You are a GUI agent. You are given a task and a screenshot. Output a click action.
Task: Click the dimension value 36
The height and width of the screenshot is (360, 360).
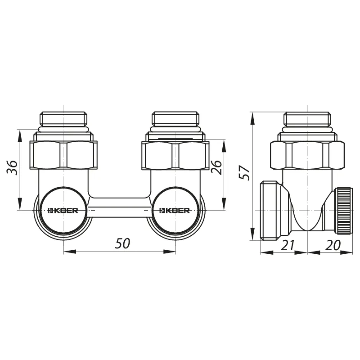12,167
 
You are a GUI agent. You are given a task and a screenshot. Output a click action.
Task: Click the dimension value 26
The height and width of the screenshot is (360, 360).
217,167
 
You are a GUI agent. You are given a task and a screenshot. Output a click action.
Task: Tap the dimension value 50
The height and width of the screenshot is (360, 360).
122,243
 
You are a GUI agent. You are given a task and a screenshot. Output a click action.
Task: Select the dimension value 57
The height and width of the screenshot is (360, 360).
244,173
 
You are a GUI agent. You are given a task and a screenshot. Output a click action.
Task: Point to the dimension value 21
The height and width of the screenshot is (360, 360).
288,245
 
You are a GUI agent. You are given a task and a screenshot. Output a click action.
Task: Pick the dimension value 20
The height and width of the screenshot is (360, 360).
333,245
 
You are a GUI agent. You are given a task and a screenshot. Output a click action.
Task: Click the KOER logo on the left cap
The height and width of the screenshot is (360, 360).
63,210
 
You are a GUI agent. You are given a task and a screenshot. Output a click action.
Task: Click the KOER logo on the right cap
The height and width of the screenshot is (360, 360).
175,210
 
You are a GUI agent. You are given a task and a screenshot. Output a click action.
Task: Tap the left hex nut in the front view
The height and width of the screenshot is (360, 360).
63,155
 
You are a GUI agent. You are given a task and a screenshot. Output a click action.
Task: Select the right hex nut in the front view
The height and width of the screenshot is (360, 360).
175,156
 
